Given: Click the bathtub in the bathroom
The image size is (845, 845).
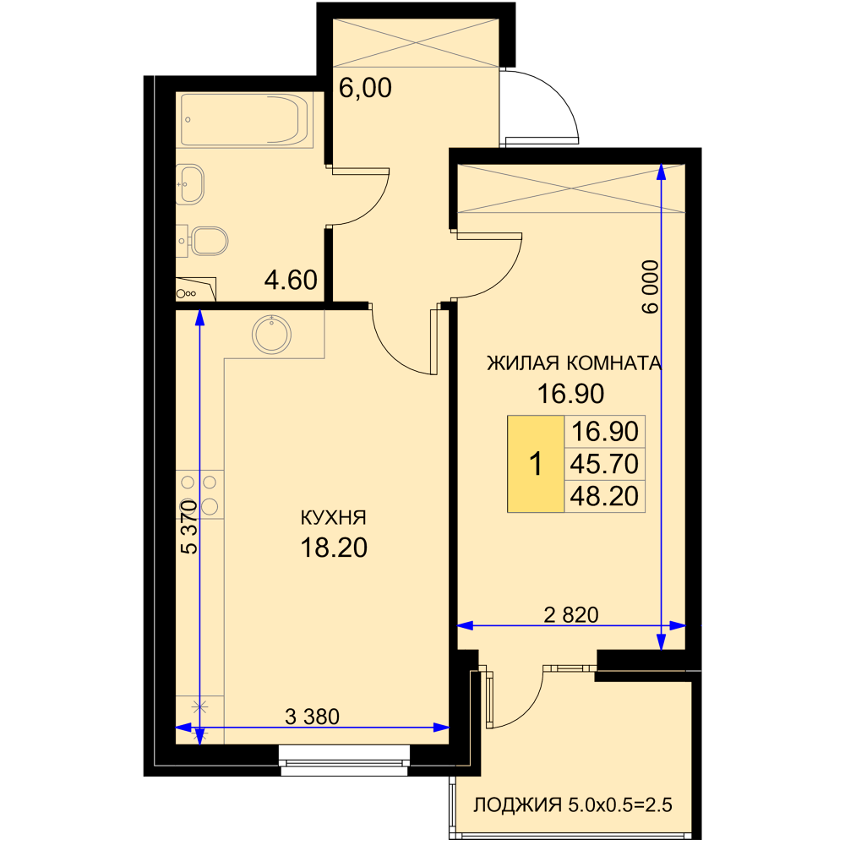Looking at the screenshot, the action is point(246,120).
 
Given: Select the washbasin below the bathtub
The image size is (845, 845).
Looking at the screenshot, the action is point(190,184).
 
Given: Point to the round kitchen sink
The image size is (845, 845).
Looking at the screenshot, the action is point(271,334).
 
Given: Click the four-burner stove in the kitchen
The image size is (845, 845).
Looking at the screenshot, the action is point(199,494).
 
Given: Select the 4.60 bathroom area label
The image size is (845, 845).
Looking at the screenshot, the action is point(291,281).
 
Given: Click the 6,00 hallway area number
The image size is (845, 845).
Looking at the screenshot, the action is point(365,87).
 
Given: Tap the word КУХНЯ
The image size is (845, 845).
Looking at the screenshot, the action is point(333,517).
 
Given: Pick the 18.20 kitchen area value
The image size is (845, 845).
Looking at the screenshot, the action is point(334,547).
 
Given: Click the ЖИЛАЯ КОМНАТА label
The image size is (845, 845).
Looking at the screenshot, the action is point(574,363).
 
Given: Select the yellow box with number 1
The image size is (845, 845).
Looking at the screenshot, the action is point(536,463).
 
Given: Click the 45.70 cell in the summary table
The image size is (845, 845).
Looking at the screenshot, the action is point(605,463).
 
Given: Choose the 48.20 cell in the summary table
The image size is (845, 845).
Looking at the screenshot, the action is point(605,496).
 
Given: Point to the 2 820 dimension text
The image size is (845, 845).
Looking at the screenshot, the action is point(571,614).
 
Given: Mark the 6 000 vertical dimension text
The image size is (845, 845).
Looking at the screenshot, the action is point(651,286).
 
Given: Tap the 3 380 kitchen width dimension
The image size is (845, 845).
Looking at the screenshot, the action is point(312,717).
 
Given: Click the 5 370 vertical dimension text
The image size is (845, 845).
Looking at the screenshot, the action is point(188,527).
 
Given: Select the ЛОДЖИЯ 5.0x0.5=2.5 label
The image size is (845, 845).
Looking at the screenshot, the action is point(573,805).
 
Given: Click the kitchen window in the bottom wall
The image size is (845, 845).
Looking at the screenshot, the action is point(345,760).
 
